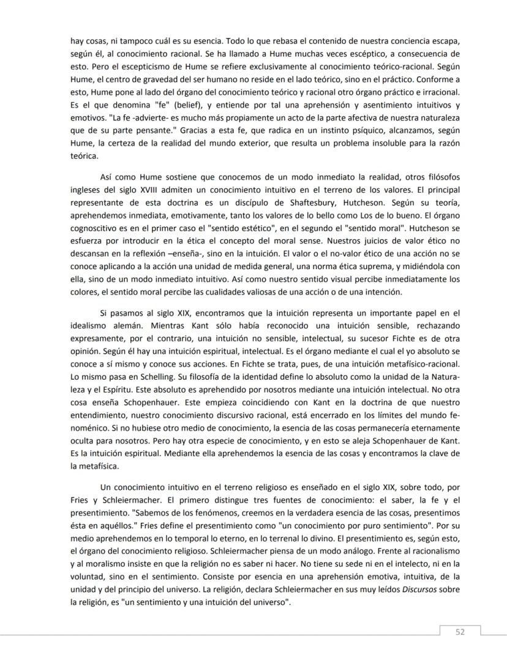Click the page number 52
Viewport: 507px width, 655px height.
pyautogui.click(x=460, y=632)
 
